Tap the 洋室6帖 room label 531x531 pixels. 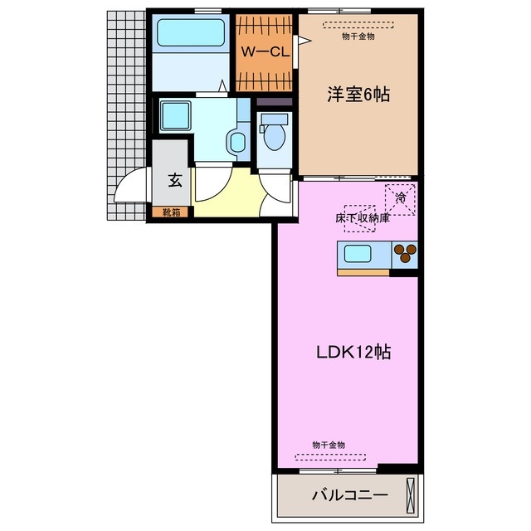[358, 94]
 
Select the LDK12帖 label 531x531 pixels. [353, 351]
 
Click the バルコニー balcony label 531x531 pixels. [349, 496]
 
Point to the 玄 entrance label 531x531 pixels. [175, 178]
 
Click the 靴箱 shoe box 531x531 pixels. [171, 212]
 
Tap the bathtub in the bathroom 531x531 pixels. [191, 33]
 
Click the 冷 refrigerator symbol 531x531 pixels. [401, 197]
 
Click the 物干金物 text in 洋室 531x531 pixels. [358, 37]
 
